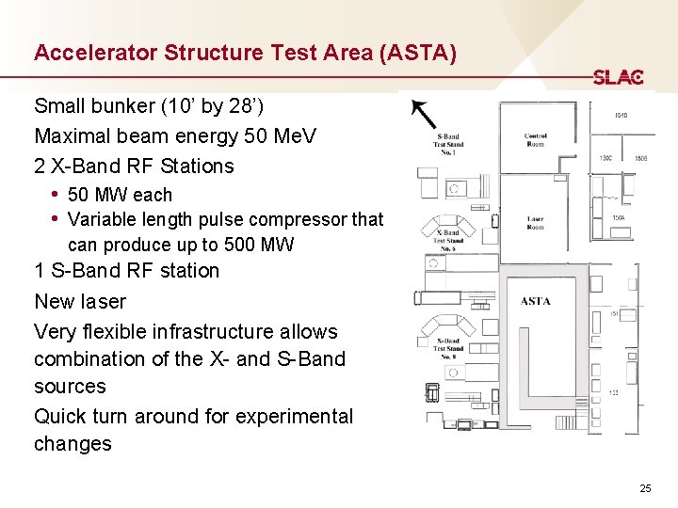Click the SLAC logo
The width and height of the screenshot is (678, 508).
[618, 77]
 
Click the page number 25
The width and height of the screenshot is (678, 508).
[645, 488]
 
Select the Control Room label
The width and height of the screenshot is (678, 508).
[536, 140]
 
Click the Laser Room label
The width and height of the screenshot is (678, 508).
[535, 223]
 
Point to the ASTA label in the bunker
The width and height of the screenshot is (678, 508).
[535, 301]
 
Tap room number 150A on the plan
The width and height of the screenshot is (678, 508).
[619, 218]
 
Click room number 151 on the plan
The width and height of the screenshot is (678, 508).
[613, 314]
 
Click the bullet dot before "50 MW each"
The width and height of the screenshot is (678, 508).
[56, 195]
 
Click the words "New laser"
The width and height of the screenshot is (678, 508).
[80, 302]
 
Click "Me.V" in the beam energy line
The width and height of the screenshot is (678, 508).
[295, 135]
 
